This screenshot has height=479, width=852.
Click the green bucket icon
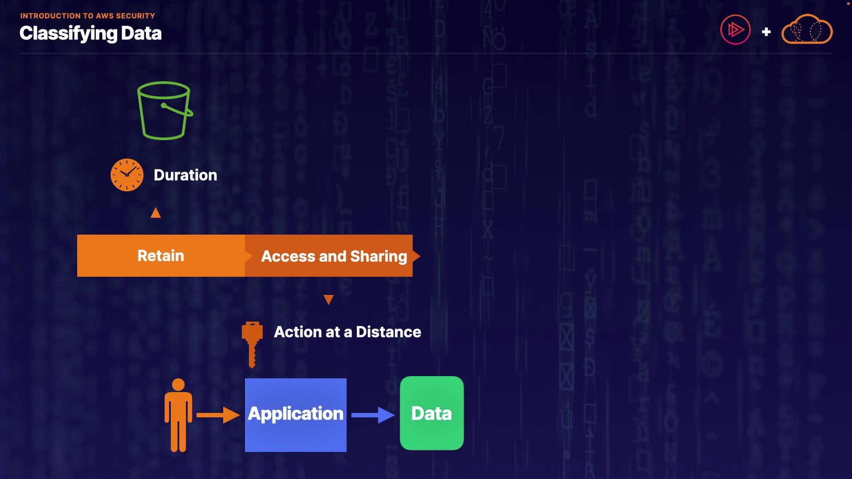click(x=165, y=111)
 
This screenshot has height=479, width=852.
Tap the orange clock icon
click(x=127, y=175)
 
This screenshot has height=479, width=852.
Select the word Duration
click(x=185, y=175)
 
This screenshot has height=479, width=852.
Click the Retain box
click(x=161, y=256)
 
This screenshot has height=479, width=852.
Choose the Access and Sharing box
click(x=334, y=256)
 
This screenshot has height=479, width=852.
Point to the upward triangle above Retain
click(x=156, y=213)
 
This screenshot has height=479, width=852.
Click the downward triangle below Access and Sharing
click(x=328, y=300)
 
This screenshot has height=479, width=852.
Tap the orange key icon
click(x=252, y=344)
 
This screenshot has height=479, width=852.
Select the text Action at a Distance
click(x=347, y=332)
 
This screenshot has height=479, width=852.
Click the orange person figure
click(x=178, y=417)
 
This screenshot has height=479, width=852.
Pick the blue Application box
click(x=296, y=415)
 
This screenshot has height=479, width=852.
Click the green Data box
click(x=432, y=413)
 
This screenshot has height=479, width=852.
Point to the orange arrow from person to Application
click(x=218, y=415)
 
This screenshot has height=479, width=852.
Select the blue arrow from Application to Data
click(x=373, y=415)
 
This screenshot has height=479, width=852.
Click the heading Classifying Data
click(x=91, y=33)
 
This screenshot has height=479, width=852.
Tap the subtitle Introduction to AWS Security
click(x=87, y=16)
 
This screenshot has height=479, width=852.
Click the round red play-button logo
click(x=735, y=30)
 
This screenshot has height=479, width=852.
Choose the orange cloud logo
click(x=807, y=30)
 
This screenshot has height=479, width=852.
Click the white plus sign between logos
click(x=766, y=32)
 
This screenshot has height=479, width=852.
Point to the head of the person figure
click(x=178, y=385)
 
